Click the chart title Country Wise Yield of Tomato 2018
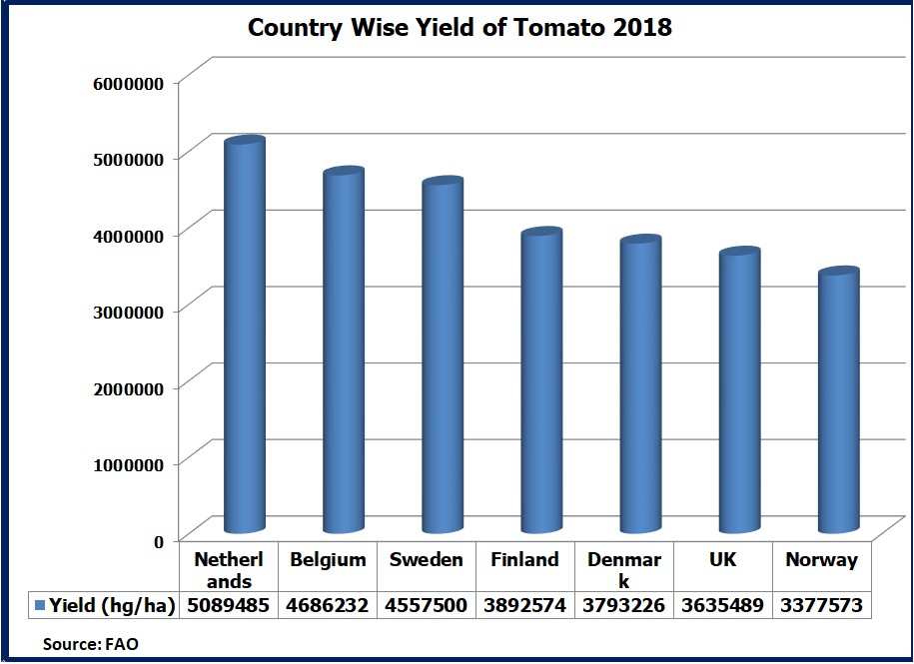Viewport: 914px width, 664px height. pos(459,27)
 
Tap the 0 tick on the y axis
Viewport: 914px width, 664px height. pos(157,541)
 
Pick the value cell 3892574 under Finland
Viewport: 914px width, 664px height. pos(524,605)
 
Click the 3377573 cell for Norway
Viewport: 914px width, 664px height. pos(821,605)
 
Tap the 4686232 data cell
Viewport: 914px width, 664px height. pos(328,605)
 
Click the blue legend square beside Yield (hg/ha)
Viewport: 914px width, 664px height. pos(40,605)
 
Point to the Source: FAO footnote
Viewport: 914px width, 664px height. pos(90,644)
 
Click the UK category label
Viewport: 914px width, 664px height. pos(722,559)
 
